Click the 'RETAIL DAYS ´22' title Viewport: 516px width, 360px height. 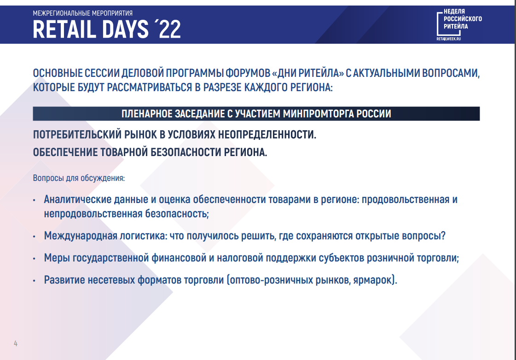[x=107, y=29]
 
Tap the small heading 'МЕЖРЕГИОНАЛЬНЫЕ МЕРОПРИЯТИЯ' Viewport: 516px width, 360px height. [x=82, y=13]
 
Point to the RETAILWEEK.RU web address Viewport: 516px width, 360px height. [x=448, y=39]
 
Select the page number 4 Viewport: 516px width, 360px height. [x=16, y=343]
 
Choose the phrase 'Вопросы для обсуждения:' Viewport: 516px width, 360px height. [x=79, y=178]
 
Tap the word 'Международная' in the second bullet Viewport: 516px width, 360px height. [x=81, y=236]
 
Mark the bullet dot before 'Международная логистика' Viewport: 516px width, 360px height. [x=34, y=237]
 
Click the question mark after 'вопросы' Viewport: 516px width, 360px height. [x=443, y=236]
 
